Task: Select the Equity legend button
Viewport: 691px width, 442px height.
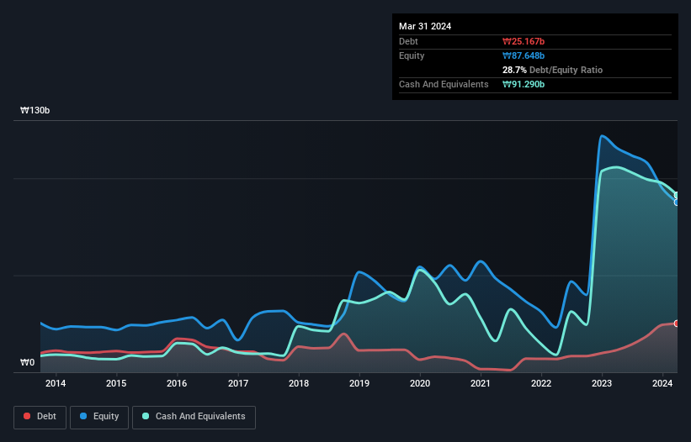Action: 100,416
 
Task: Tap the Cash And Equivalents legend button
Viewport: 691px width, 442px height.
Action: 194,416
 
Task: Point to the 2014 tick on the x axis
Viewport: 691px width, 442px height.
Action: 56,384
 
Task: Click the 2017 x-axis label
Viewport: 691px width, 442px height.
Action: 238,384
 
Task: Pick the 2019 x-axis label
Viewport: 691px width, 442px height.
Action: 359,384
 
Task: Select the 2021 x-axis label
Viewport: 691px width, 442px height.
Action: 481,384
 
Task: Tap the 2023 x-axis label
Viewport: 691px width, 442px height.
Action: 602,384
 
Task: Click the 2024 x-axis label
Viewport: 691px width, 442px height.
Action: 662,384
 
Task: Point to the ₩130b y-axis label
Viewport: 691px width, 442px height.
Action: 36,111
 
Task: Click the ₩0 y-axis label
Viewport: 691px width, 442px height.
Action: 27,363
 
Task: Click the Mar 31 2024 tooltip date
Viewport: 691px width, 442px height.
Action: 425,26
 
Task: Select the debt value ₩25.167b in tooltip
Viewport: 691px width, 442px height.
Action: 524,41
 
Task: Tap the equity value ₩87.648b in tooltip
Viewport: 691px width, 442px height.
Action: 524,55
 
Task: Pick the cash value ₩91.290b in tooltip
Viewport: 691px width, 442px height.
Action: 524,84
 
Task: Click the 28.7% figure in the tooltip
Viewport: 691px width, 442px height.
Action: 514,70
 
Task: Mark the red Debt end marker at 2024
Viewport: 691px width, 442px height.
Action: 676,324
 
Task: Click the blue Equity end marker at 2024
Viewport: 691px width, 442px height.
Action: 676,202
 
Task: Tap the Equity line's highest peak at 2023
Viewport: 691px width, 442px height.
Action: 602,136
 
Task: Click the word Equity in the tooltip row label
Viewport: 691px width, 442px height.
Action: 412,55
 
